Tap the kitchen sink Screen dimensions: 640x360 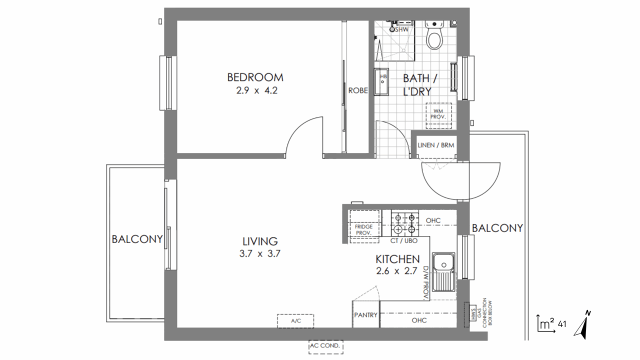pyautogui.click(x=443, y=271)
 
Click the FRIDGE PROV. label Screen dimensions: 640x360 pyautogui.click(x=363, y=229)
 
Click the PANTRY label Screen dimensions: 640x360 pyautogui.click(x=365, y=315)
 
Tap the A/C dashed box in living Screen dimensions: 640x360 pyautogui.click(x=295, y=321)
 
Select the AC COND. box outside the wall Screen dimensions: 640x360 pyautogui.click(x=325, y=346)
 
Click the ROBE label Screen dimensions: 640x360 pyautogui.click(x=357, y=90)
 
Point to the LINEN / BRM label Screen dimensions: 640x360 pyautogui.click(x=435, y=145)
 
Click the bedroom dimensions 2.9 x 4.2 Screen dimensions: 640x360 pyautogui.click(x=257, y=90)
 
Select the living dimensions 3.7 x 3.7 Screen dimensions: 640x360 pyautogui.click(x=259, y=253)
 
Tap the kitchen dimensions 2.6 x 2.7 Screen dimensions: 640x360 pyautogui.click(x=396, y=271)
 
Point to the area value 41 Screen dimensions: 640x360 pyautogui.click(x=562, y=324)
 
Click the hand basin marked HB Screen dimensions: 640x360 pyautogui.click(x=381, y=81)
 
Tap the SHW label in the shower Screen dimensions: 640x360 pyautogui.click(x=401, y=29)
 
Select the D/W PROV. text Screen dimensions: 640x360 pyautogui.click(x=426, y=283)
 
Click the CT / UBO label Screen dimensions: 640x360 pyautogui.click(x=403, y=241)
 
